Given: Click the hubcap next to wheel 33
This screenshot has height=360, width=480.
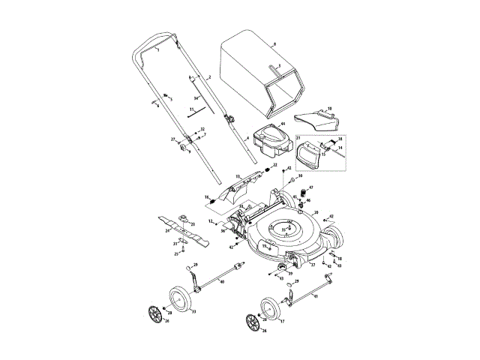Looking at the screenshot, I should click(156, 315).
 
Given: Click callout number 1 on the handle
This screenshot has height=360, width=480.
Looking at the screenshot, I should click(157, 49).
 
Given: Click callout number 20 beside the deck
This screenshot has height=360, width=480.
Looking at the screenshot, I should click(316, 213).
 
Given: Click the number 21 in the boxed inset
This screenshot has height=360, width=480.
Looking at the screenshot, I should click(297, 139).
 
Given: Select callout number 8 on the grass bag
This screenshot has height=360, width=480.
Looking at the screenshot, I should click(274, 45).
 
